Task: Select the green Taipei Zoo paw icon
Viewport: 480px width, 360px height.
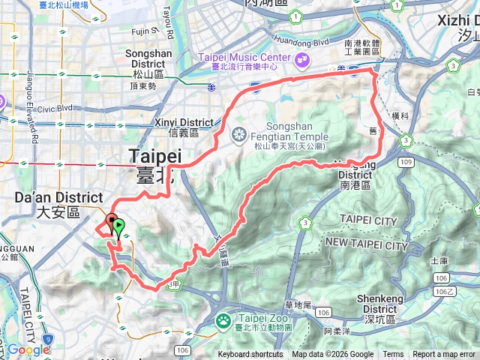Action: coord(224,322)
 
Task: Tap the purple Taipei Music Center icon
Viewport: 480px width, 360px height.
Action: coord(301,58)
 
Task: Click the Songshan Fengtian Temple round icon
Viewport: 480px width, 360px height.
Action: coord(239,135)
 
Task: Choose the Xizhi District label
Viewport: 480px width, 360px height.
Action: coord(457,26)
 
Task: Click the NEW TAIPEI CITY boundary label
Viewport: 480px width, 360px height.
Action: coord(365,245)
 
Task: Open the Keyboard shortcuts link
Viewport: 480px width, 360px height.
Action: coord(250,355)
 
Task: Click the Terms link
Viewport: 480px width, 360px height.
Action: coord(393,355)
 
